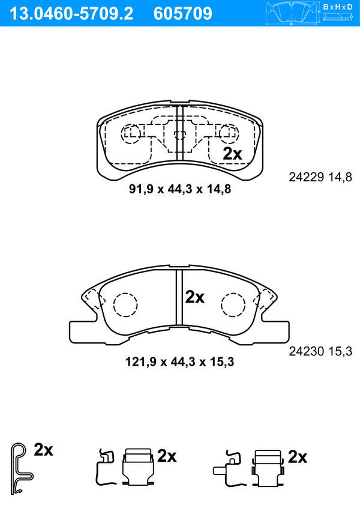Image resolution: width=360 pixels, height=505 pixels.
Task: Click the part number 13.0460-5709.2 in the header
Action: tap(71, 14)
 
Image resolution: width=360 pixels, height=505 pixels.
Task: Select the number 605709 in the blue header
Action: tap(183, 14)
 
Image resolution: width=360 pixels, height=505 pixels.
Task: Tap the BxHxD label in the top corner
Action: tap(338, 7)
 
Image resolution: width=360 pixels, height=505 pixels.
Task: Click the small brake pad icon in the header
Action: tap(292, 13)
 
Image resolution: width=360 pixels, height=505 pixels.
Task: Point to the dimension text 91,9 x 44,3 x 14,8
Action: tap(180, 189)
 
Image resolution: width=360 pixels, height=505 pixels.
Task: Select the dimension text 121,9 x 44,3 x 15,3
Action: tap(179, 362)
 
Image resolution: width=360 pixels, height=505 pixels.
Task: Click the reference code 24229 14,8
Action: tap(320, 177)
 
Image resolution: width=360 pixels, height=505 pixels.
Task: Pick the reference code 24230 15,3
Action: tap(320, 351)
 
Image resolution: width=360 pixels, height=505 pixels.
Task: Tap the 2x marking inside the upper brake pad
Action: tap(232, 154)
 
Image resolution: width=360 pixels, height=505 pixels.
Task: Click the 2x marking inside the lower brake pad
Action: tap(194, 297)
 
